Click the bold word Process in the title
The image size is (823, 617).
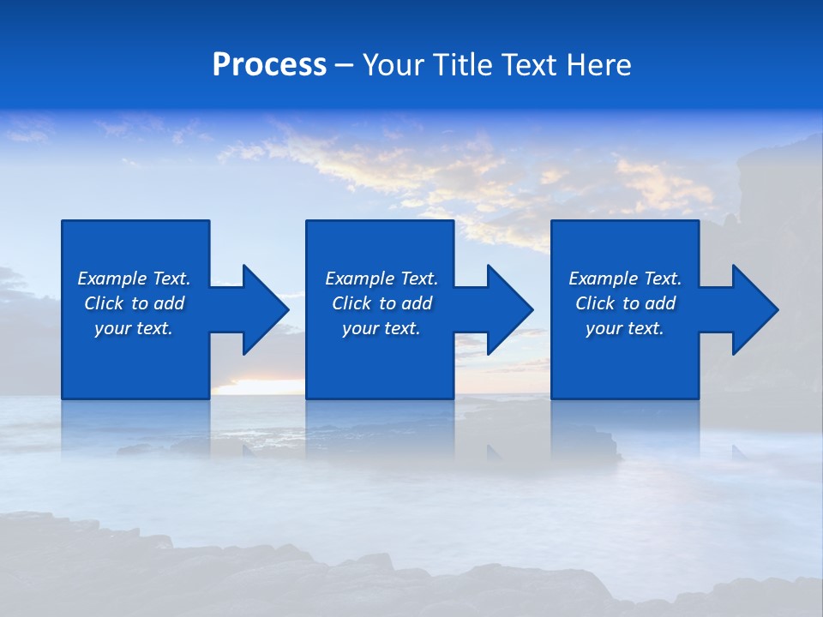pyautogui.click(x=269, y=65)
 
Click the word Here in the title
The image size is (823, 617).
pyautogui.click(x=599, y=65)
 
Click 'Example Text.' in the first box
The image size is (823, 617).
pyautogui.click(x=134, y=279)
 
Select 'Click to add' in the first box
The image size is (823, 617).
pyautogui.click(x=134, y=303)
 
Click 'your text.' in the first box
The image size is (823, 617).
pyautogui.click(x=134, y=328)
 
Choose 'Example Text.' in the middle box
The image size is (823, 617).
pyautogui.click(x=381, y=279)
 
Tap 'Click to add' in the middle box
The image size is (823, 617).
pyautogui.click(x=381, y=303)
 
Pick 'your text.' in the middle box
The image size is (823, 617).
pyautogui.click(x=381, y=328)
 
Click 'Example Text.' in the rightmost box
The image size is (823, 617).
pyautogui.click(x=625, y=279)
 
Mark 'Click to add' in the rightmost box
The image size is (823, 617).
pyautogui.click(x=625, y=303)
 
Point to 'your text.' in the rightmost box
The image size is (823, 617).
pyautogui.click(x=625, y=328)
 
